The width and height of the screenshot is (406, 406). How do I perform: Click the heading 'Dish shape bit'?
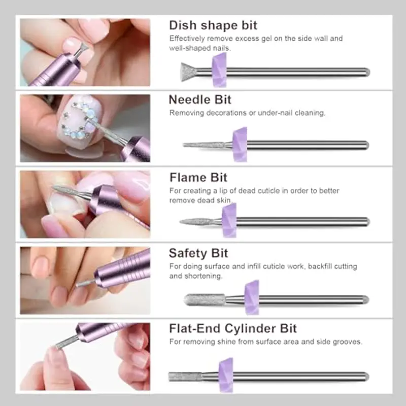point(213,25)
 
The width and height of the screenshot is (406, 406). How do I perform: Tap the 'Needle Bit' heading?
point(200,99)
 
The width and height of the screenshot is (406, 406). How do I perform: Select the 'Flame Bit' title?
point(198,178)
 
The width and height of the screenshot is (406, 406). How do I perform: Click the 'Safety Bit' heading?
point(198,253)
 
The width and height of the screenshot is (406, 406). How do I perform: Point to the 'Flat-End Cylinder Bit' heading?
point(233,328)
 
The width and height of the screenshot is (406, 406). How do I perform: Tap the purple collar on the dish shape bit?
point(220,71)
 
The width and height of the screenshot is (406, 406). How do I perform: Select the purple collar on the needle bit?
point(240,145)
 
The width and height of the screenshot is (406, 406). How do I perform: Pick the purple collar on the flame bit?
point(229,221)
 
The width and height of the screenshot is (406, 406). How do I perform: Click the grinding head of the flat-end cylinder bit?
point(185,376)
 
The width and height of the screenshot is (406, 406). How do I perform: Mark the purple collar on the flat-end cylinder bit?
point(225,375)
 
